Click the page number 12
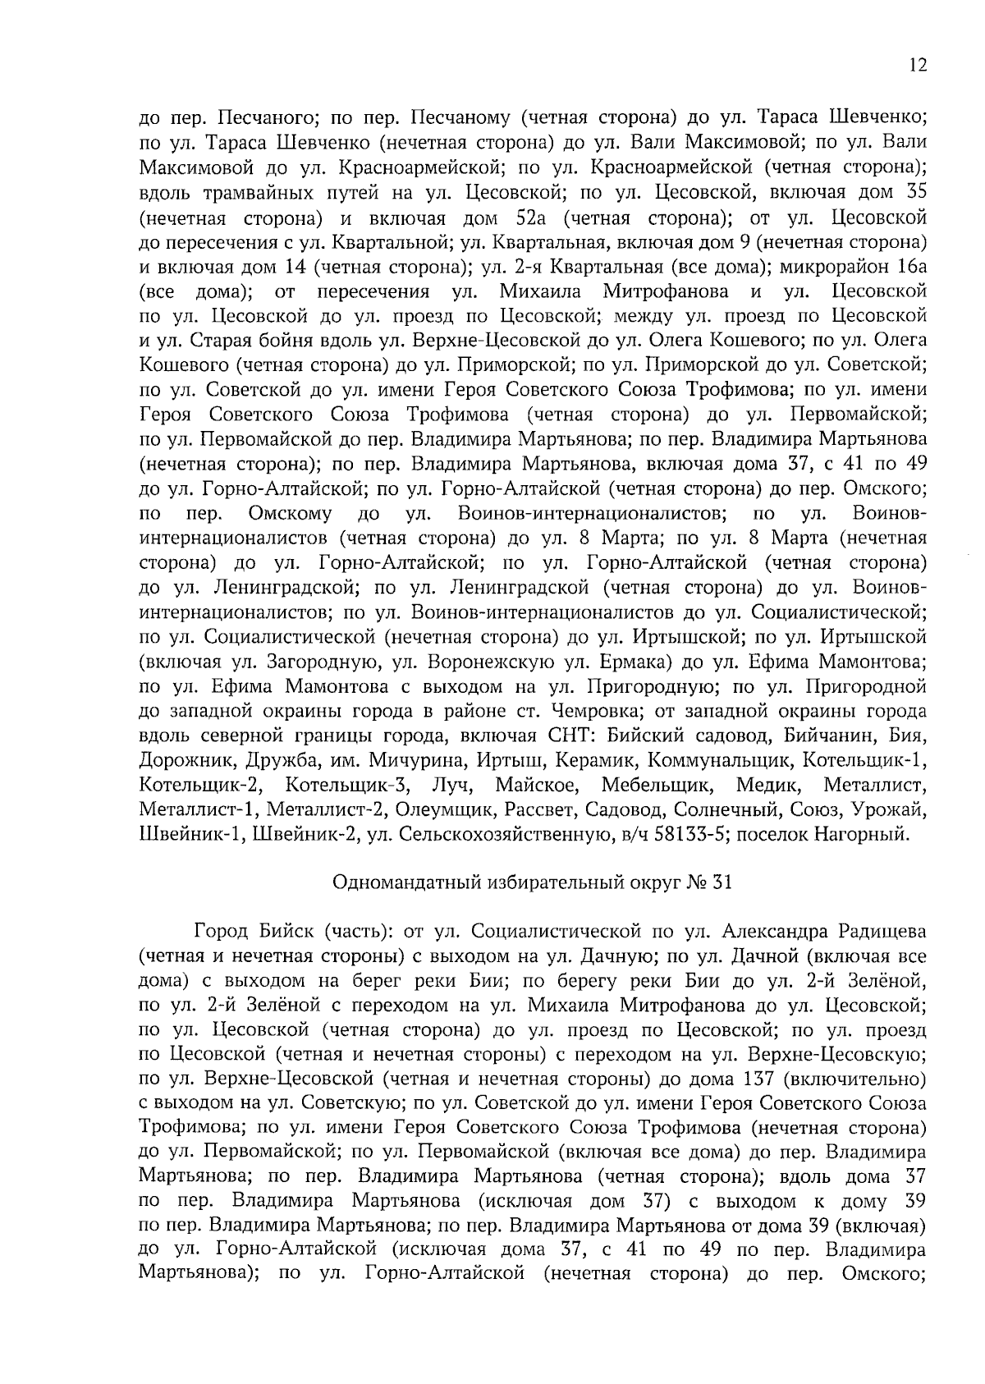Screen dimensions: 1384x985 coord(918,66)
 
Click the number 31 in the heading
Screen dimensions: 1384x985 coord(720,883)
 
